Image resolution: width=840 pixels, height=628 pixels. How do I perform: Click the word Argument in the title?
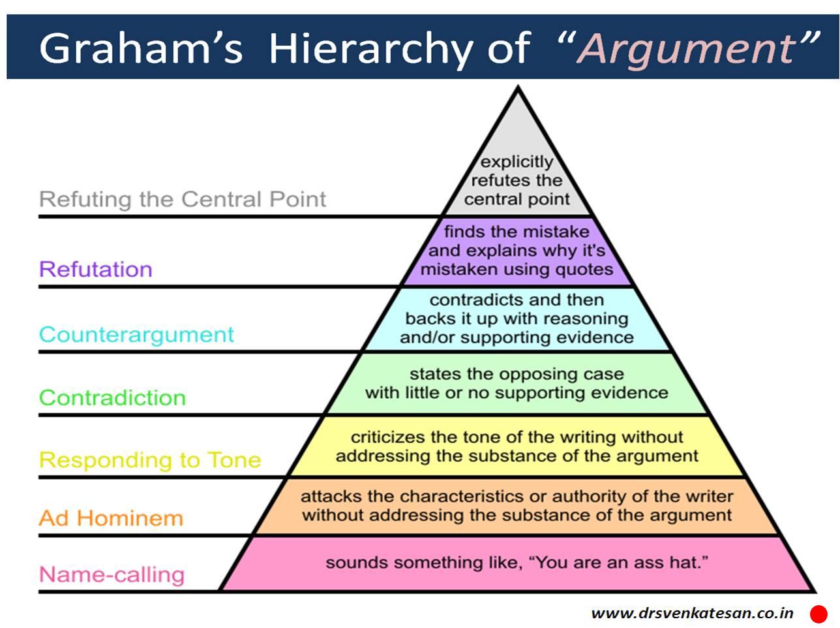(687, 48)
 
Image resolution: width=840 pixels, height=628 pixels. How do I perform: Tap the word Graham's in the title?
(140, 48)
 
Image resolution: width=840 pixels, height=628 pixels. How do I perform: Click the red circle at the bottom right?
(818, 614)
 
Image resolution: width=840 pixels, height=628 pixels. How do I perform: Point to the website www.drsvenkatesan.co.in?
(692, 613)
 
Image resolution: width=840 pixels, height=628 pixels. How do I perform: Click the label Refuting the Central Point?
(183, 199)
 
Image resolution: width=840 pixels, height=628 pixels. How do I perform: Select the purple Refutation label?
(95, 269)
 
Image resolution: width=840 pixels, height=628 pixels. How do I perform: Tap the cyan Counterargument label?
(136, 334)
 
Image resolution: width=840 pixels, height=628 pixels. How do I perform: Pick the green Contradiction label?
(112, 398)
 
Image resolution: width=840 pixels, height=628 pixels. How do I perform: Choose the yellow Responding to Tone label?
(150, 460)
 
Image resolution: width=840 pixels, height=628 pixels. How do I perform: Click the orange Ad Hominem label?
(111, 518)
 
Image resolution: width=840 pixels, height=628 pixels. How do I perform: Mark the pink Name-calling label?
(112, 574)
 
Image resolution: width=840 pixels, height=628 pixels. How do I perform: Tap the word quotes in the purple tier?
(582, 269)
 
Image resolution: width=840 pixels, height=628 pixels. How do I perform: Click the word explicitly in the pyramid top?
(517, 161)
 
